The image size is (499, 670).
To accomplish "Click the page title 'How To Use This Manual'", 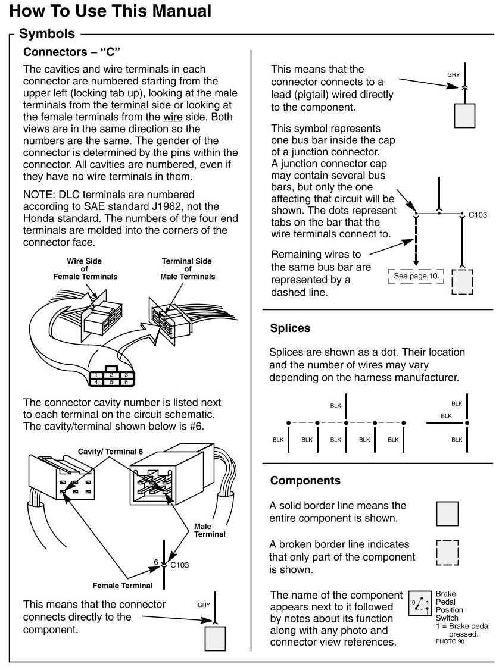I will pyautogui.click(x=111, y=11).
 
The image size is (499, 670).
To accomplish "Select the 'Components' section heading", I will pyautogui.click(x=305, y=480).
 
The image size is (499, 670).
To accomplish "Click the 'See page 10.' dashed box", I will pyautogui.click(x=416, y=276).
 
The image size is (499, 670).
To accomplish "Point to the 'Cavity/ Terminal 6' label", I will pyautogui.click(x=110, y=452).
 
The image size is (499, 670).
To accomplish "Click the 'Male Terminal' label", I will pyautogui.click(x=210, y=530).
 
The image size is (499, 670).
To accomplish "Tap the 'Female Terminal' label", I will pyautogui.click(x=122, y=586).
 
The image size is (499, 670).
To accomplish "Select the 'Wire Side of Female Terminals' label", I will pyautogui.click(x=85, y=269).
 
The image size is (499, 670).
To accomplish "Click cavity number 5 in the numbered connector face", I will pyautogui.click(x=111, y=383).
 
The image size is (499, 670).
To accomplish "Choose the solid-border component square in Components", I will pyautogui.click(x=447, y=514).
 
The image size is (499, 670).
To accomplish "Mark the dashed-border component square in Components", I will pyautogui.click(x=447, y=553).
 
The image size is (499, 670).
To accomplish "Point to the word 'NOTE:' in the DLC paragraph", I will pyautogui.click(x=39, y=194).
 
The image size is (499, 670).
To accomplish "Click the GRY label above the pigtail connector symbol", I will pyautogui.click(x=453, y=75).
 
